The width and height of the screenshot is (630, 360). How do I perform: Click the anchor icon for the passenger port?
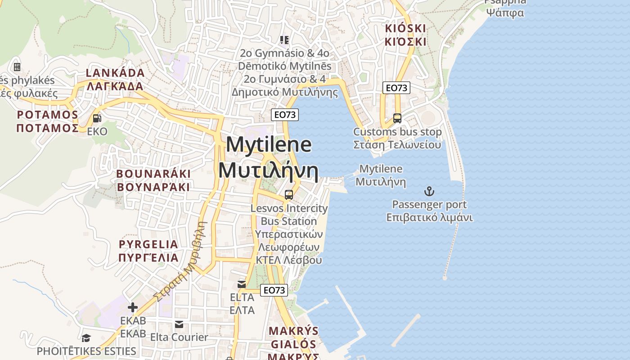click(429, 192)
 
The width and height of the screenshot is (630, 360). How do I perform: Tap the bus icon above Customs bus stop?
click(397, 118)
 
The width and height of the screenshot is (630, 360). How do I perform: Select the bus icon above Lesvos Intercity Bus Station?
click(289, 195)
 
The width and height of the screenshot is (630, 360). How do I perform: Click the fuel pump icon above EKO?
click(97, 118)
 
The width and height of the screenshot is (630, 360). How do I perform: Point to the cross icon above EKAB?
click(133, 307)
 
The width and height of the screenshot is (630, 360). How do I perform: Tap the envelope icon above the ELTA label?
click(242, 284)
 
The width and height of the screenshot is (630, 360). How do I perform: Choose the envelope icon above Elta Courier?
click(179, 324)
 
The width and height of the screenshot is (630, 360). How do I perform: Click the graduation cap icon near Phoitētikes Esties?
click(86, 338)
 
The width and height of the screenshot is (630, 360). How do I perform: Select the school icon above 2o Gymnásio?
click(284, 40)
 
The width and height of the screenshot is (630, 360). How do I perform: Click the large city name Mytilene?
click(269, 145)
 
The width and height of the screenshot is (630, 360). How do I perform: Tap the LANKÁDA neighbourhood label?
click(115, 73)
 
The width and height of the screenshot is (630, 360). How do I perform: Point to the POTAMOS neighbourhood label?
click(48, 115)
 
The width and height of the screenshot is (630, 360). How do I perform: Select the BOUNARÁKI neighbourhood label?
click(153, 174)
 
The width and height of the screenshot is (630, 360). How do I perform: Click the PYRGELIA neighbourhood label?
click(148, 244)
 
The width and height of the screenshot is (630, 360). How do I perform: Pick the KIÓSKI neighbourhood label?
click(405, 28)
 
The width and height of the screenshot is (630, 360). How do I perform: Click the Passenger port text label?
click(429, 205)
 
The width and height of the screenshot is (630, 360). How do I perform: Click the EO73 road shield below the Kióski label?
click(396, 88)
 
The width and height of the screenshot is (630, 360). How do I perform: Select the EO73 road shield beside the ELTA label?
click(274, 290)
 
